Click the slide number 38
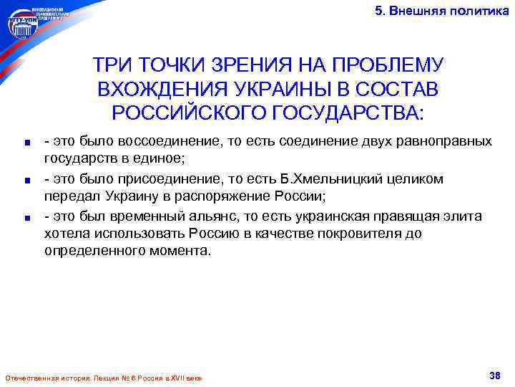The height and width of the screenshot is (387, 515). (x=494, y=376)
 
